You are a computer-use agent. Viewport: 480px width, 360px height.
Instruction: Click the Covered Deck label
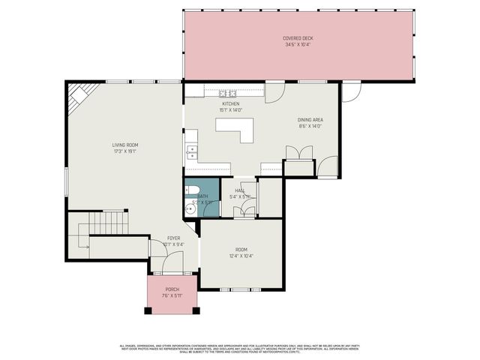tap(298, 38)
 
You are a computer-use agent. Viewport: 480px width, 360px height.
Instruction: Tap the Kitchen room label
tap(229, 104)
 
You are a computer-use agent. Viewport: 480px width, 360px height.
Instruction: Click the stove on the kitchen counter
tap(226, 93)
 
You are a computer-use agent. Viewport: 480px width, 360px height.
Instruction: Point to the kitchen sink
tap(192, 152)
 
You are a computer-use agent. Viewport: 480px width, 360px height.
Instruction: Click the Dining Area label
tap(310, 120)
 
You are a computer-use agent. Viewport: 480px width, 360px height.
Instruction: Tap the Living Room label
tap(125, 145)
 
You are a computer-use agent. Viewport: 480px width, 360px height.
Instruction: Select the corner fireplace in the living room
tap(79, 94)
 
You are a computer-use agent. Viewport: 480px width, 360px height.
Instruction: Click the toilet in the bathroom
tap(192, 189)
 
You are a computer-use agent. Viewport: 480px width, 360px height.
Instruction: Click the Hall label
tap(240, 190)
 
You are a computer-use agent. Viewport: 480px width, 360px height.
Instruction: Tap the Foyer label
tap(173, 238)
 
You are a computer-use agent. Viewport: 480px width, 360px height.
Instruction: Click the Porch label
tap(172, 289)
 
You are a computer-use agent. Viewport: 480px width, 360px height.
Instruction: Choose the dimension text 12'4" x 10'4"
tap(241, 256)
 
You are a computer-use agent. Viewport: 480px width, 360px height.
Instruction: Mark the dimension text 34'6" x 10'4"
tap(298, 45)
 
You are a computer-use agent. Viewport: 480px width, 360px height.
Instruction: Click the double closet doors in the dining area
tap(298, 152)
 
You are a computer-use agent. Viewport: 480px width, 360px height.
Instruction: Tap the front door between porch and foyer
tap(173, 264)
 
